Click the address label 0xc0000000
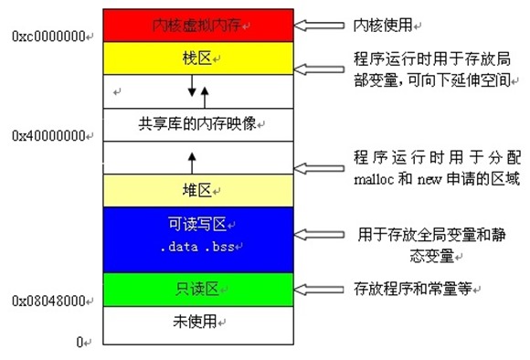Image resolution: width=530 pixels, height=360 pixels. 48,36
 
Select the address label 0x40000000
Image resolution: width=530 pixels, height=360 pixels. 48,134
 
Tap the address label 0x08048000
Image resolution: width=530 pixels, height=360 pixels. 48,300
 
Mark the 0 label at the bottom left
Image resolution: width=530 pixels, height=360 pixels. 81,342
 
